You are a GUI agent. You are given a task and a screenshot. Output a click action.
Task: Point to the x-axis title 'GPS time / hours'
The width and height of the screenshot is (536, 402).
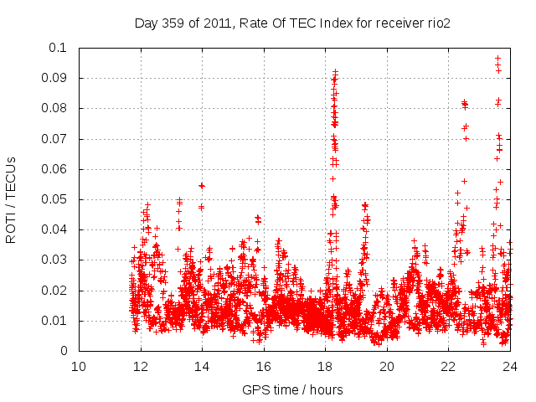[x=292, y=389]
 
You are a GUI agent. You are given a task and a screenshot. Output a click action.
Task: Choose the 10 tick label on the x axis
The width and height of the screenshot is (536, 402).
[x=79, y=366]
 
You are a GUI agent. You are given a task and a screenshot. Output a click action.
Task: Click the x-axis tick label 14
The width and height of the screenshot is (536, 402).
[x=202, y=366]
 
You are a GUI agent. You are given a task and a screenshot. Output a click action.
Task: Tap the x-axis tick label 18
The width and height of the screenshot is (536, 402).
[x=325, y=366]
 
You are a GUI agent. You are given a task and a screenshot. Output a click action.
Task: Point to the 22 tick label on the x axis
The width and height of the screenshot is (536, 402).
[x=448, y=366]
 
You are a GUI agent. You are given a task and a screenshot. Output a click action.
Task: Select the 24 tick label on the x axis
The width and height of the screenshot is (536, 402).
[x=510, y=366]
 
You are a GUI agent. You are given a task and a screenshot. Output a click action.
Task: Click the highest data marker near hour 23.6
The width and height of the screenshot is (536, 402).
[x=497, y=58]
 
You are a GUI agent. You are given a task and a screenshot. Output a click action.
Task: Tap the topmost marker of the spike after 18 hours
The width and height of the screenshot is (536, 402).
[x=335, y=72]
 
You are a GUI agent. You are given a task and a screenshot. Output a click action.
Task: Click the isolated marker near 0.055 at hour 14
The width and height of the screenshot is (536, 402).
[x=202, y=185]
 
